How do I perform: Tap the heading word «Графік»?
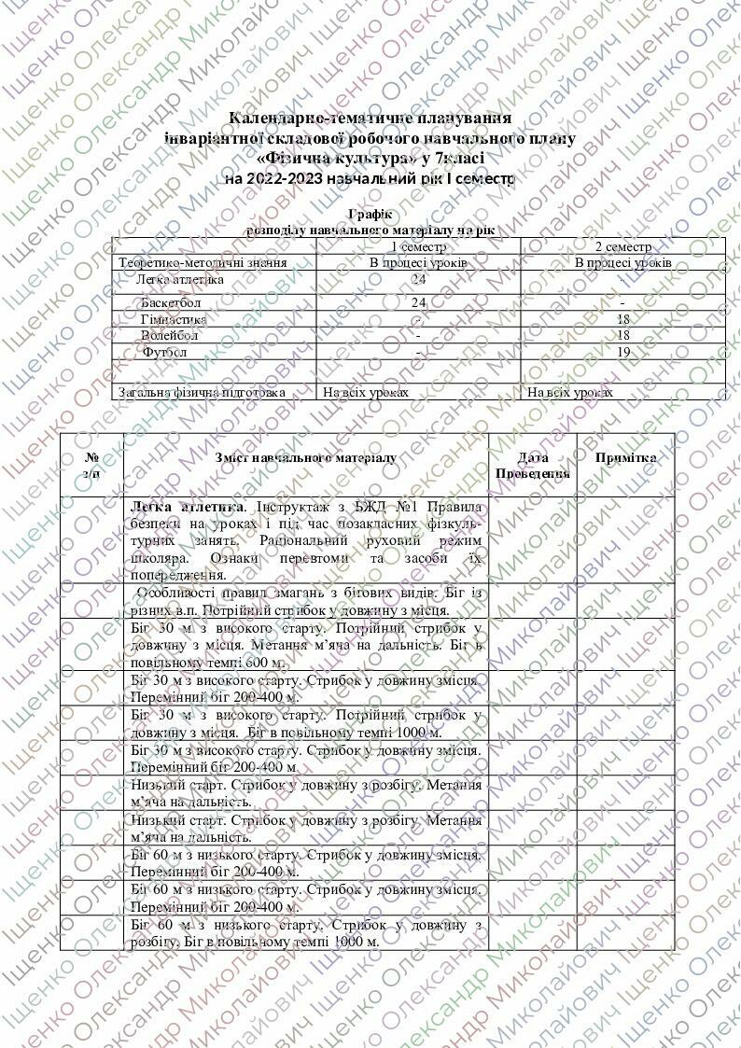(370, 215)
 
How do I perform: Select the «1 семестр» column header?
(418, 246)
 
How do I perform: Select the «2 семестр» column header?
(622, 246)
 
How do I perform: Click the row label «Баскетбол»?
(172, 302)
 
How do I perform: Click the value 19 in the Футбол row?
(622, 352)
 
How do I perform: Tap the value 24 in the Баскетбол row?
(418, 302)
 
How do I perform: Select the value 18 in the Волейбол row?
(622, 335)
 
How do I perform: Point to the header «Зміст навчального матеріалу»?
(305, 458)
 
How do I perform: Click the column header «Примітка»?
(625, 458)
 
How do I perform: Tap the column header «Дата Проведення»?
(532, 466)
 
